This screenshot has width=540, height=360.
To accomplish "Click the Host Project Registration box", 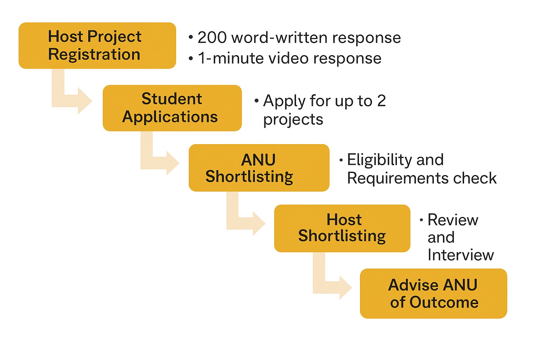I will tap(97, 46).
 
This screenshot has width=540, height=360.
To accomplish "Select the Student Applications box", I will tap(172, 108).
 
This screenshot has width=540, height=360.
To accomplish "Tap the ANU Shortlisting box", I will tap(259, 168).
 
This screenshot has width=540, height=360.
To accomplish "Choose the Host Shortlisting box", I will tap(342, 228).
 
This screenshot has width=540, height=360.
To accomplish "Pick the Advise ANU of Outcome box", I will tap(433, 294).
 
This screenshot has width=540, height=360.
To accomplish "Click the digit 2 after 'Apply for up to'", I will tap(381, 101).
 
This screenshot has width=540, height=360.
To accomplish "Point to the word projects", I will tap(293, 120).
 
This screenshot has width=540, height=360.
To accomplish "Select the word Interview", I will tap(461, 255).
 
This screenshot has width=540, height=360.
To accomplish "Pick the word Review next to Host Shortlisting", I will tap(453, 220).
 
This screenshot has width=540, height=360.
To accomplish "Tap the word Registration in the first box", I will tap(94, 54).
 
